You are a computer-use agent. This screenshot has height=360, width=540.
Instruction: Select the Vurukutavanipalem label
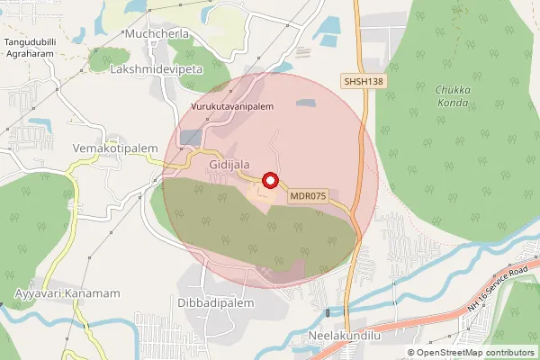pyautogui.click(x=232, y=106)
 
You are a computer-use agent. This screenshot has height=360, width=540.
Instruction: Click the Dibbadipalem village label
pyautogui.click(x=216, y=303)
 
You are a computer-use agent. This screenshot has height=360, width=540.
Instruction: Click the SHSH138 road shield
pyautogui.click(x=364, y=81)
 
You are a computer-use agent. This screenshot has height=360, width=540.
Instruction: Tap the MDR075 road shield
pyautogui.click(x=309, y=194)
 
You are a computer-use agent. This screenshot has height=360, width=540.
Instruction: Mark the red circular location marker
pyautogui.click(x=267, y=179)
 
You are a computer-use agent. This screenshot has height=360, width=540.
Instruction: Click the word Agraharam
pyautogui.click(x=37, y=55)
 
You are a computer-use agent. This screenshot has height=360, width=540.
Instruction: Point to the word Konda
pyautogui.click(x=453, y=103)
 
